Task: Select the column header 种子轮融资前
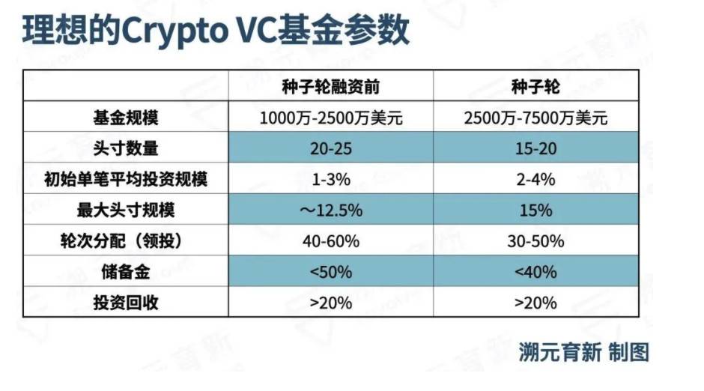[330, 86]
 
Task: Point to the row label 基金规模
[126, 118]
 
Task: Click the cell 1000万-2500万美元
[330, 118]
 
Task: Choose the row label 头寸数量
[126, 148]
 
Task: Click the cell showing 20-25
[330, 148]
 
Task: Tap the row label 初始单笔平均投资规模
[126, 179]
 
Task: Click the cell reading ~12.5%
[330, 210]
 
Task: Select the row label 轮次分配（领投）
[126, 241]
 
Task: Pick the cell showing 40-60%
[330, 241]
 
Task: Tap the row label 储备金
[126, 271]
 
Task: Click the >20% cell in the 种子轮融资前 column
[330, 302]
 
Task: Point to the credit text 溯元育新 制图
[584, 352]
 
